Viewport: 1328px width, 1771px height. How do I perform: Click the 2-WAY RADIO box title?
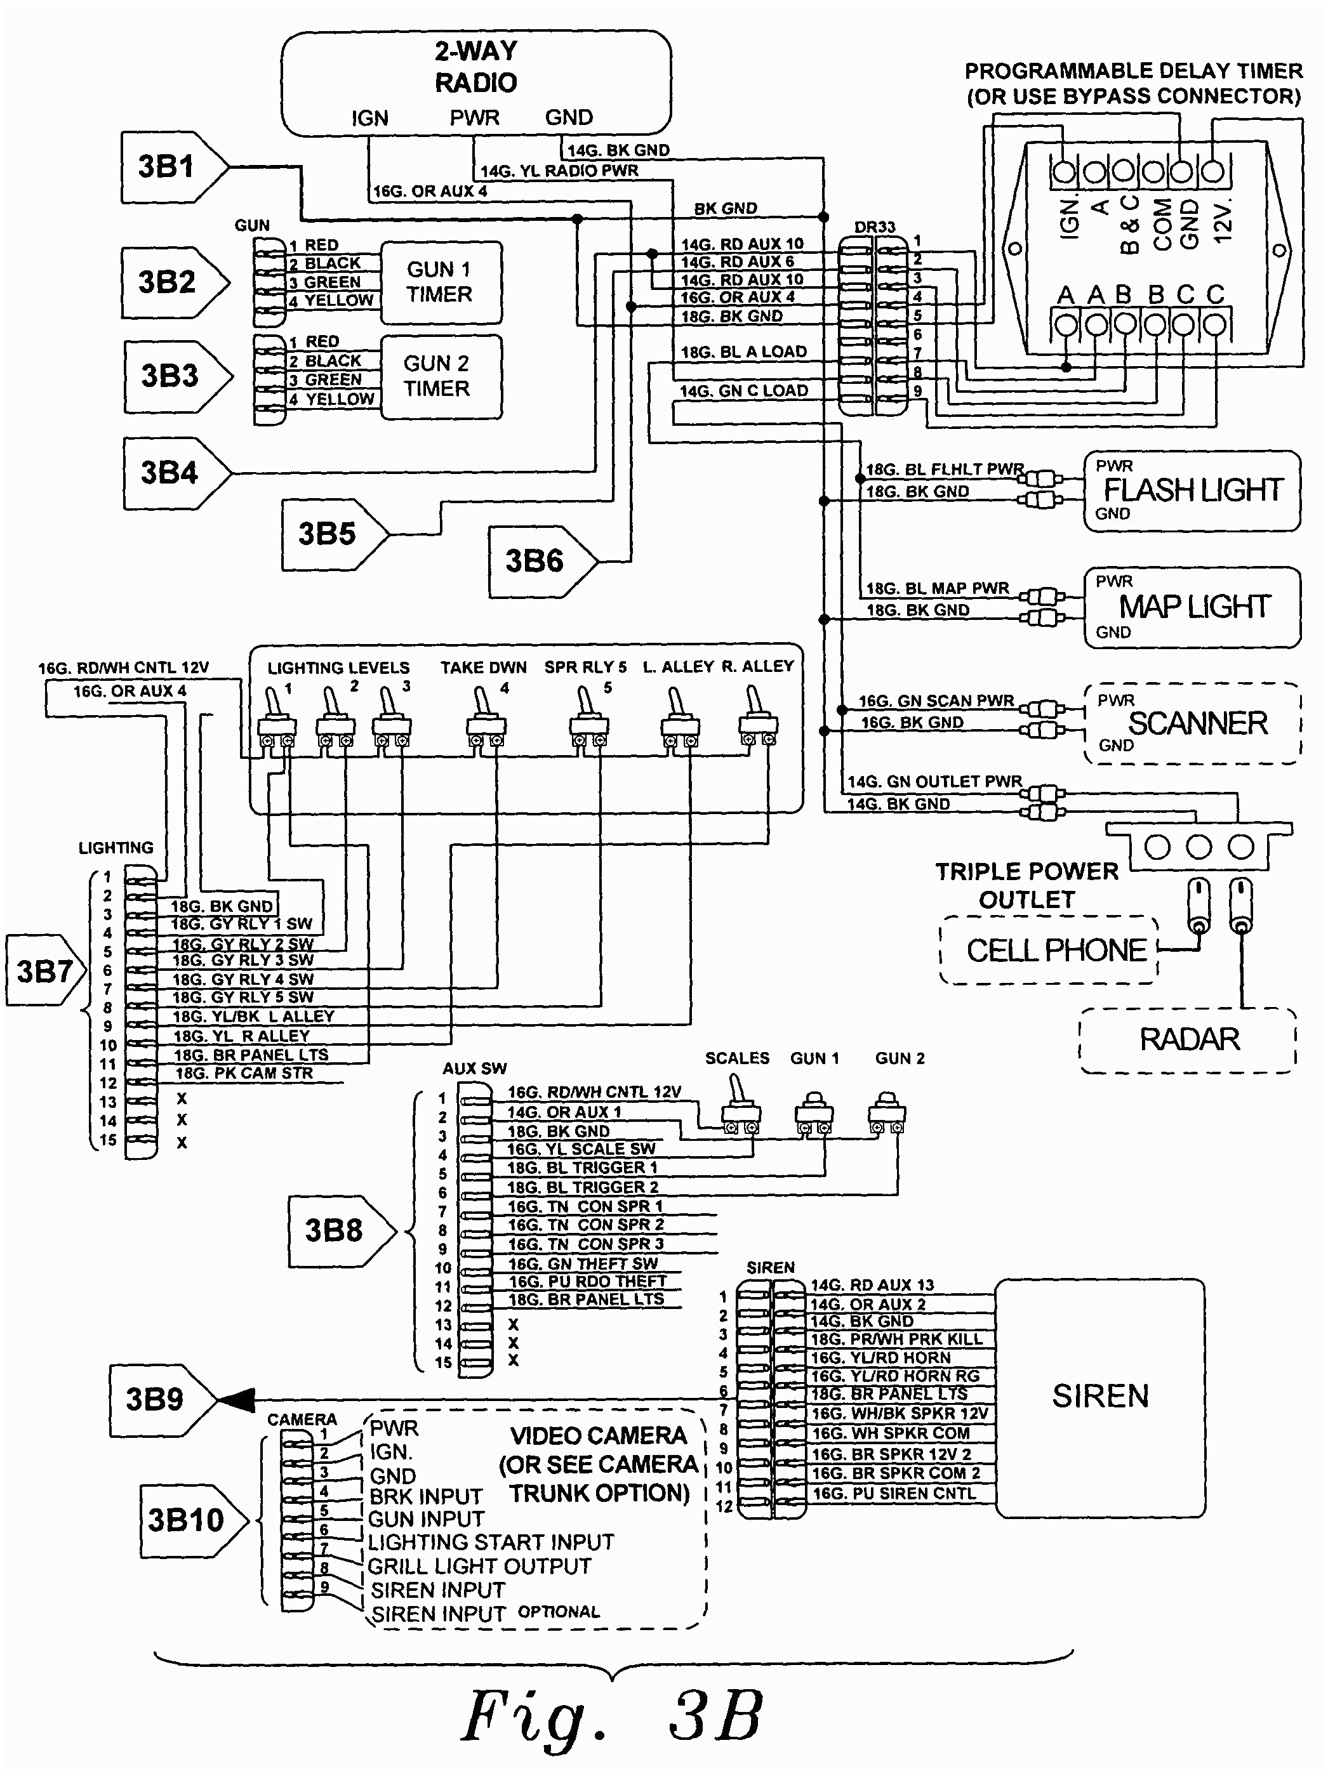[475, 67]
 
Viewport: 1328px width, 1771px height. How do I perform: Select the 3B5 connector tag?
[327, 534]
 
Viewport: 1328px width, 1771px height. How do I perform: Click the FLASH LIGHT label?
[1193, 490]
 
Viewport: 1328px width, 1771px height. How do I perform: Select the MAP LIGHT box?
[1193, 607]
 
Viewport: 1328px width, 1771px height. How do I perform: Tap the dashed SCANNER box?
[1193, 724]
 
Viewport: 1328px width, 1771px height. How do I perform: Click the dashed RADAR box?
[1188, 1039]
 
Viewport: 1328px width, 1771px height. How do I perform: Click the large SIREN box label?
[1099, 1395]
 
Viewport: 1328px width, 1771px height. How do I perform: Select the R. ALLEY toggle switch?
[757, 716]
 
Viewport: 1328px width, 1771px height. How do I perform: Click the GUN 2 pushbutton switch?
[887, 1110]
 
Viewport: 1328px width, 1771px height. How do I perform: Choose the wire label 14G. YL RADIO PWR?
[559, 171]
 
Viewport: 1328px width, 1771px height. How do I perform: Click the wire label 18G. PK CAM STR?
[244, 1074]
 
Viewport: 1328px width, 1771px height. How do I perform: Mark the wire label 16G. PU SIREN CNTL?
[894, 1493]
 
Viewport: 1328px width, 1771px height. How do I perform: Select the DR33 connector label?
[874, 227]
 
